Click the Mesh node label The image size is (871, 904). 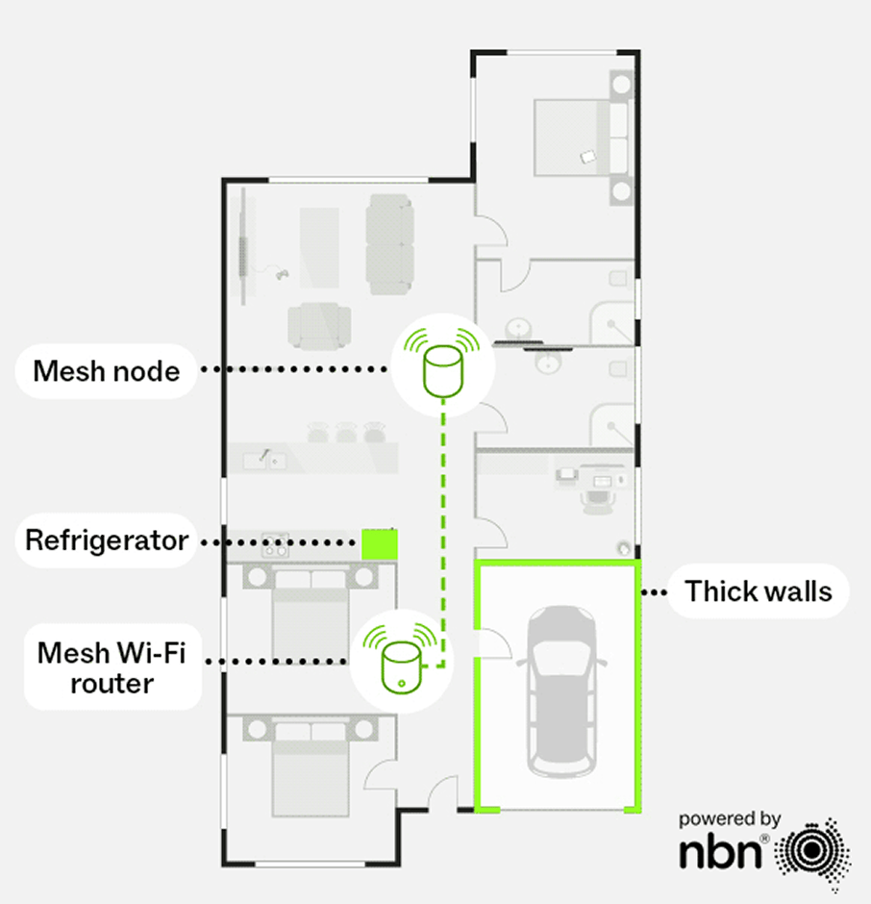pos(106,370)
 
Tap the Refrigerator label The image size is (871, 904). pos(107,540)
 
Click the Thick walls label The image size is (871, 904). pos(758,590)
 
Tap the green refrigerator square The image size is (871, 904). pos(379,543)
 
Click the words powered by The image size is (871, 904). pos(729,819)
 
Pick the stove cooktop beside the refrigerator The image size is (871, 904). pos(274,545)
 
